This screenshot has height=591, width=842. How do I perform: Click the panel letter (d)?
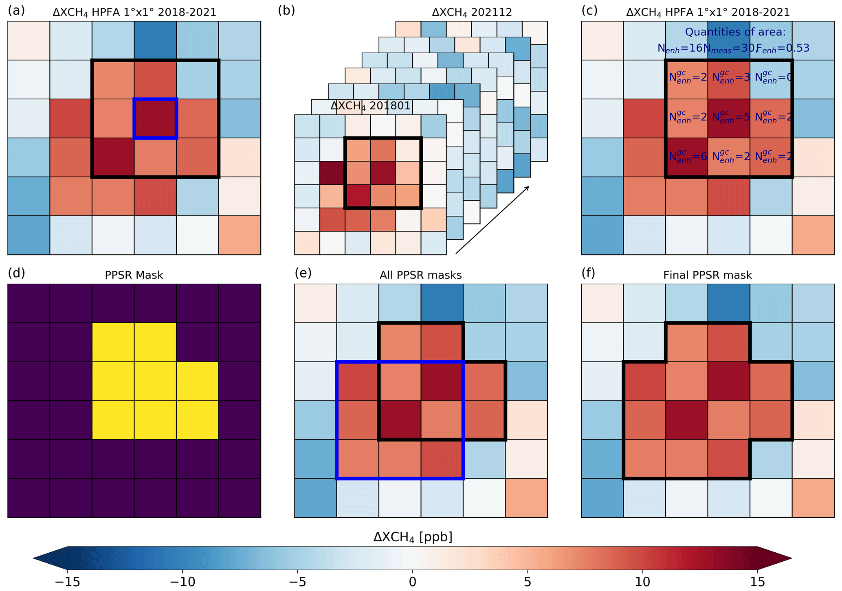[x=16, y=273]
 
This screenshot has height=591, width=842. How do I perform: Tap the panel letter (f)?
[x=588, y=273]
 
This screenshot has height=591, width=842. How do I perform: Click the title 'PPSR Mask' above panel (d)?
[x=134, y=276]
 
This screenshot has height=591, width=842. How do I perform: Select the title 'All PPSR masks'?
[x=421, y=276]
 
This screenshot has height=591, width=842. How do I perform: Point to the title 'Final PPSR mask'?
[x=708, y=276]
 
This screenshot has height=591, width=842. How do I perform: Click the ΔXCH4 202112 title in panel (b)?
[x=472, y=13]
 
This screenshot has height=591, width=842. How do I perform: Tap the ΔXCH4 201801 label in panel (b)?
[x=370, y=106]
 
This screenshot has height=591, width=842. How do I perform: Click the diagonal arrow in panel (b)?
[x=492, y=220]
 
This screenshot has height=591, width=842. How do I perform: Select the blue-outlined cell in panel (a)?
[x=155, y=118]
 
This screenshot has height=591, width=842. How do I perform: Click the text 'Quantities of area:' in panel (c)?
[x=735, y=32]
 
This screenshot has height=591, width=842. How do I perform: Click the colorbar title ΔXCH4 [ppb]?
[x=413, y=537]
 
